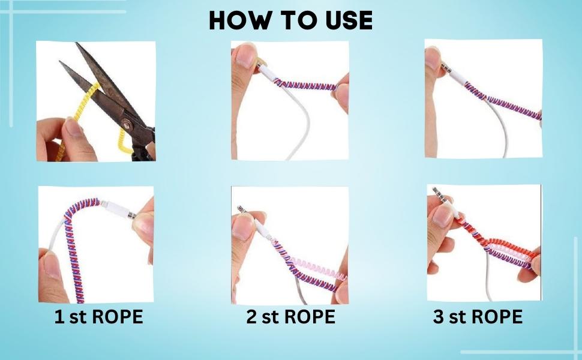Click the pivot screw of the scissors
[x=127, y=125]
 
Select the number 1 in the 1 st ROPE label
[x=59, y=317]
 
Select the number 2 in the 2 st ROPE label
[x=251, y=317]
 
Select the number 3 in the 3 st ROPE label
[x=439, y=317]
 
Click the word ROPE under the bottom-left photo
[x=117, y=317]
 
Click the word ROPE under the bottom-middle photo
[x=310, y=317]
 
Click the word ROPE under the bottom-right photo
[x=497, y=317]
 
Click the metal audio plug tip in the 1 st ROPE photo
[x=131, y=214]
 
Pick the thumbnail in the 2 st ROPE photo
[x=243, y=226]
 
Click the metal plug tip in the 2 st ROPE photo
[x=242, y=209]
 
